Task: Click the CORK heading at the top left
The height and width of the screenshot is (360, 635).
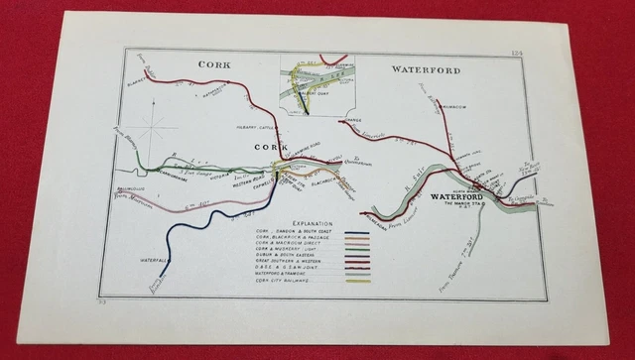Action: pos(213,64)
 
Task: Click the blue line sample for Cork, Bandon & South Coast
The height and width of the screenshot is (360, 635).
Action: pos(356,234)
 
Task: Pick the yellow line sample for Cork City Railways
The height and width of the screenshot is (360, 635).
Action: pos(356,282)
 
